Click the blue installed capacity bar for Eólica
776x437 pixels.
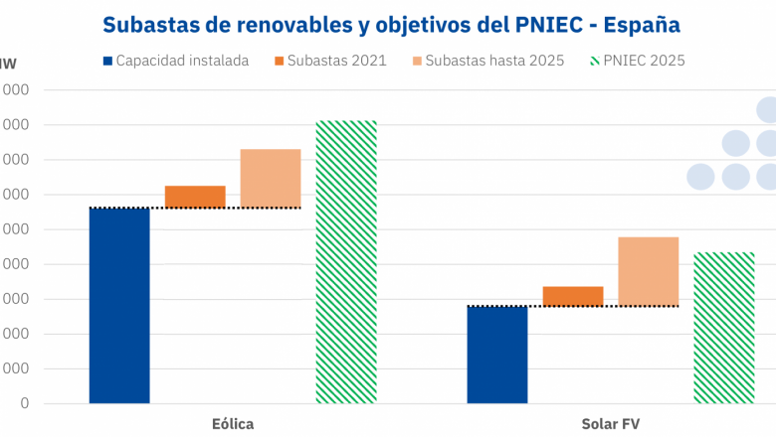click(119, 306)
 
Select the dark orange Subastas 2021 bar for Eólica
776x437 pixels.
click(195, 197)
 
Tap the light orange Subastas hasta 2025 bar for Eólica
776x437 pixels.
click(271, 179)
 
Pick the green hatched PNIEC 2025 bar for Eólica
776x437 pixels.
click(346, 262)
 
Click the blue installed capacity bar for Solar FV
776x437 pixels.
click(497, 355)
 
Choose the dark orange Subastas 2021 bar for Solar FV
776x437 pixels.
click(573, 296)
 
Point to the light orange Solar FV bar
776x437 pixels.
click(649, 271)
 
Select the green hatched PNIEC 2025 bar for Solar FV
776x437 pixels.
click(724, 328)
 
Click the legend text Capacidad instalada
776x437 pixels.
click(182, 61)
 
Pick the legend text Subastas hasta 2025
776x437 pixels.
click(494, 61)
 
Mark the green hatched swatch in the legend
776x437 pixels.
click(594, 61)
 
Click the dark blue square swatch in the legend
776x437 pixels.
click(106, 61)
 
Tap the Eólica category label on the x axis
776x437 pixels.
click(233, 424)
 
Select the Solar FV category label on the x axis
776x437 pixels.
click(611, 424)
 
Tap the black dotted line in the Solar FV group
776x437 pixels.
click(597, 306)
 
